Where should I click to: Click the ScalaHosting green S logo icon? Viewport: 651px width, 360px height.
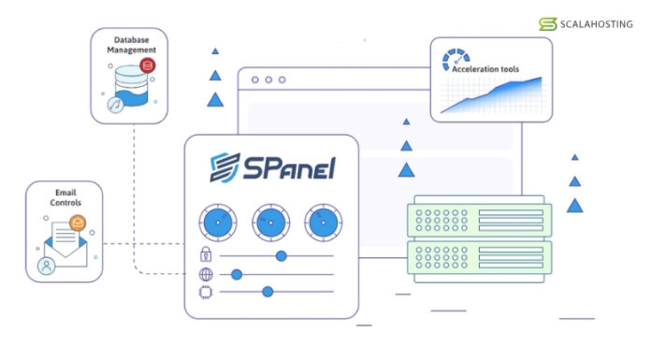pos(547,24)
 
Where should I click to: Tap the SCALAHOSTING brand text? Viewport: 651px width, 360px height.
pos(597,24)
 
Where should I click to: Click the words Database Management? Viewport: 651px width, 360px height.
pos(131,45)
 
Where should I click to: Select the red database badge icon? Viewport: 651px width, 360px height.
pos(148,65)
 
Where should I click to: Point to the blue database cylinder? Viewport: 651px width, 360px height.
pos(131,85)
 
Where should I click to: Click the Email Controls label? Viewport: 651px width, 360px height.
pos(65,197)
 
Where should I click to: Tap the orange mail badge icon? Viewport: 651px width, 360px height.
pos(78,223)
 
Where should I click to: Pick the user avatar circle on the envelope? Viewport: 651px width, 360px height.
pos(46,266)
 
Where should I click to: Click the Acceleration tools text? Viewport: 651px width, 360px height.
pos(485,69)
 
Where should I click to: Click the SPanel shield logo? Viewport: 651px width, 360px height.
pos(224,167)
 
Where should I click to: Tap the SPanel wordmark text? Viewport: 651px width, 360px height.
pos(289,167)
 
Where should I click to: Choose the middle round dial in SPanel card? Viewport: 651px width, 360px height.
pos(270,223)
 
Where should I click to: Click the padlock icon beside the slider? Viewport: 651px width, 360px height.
pos(206,254)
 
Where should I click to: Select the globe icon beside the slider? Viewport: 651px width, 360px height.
pos(206,275)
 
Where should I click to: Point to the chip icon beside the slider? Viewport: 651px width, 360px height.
pos(206,293)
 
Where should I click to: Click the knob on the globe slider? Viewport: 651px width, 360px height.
pos(237,275)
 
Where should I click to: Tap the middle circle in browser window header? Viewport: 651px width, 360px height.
pos(268,79)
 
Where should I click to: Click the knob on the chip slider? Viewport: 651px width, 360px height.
pos(268,292)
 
